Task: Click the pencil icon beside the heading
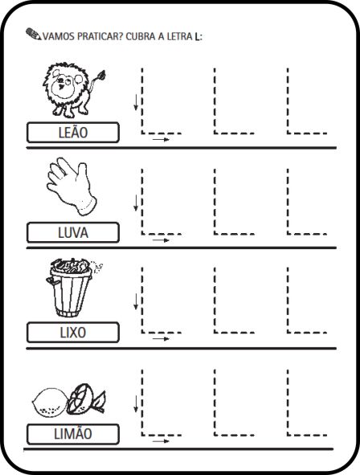33,34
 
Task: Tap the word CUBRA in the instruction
141,36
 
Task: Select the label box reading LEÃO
73,133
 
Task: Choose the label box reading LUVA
73,232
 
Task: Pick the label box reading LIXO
73,332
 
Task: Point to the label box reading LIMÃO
73,434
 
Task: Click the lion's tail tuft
101,75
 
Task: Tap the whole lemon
50,403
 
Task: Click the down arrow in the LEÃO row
136,102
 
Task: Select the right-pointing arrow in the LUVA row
161,240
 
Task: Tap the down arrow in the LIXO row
136,301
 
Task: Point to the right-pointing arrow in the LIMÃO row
161,441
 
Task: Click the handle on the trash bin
51,281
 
